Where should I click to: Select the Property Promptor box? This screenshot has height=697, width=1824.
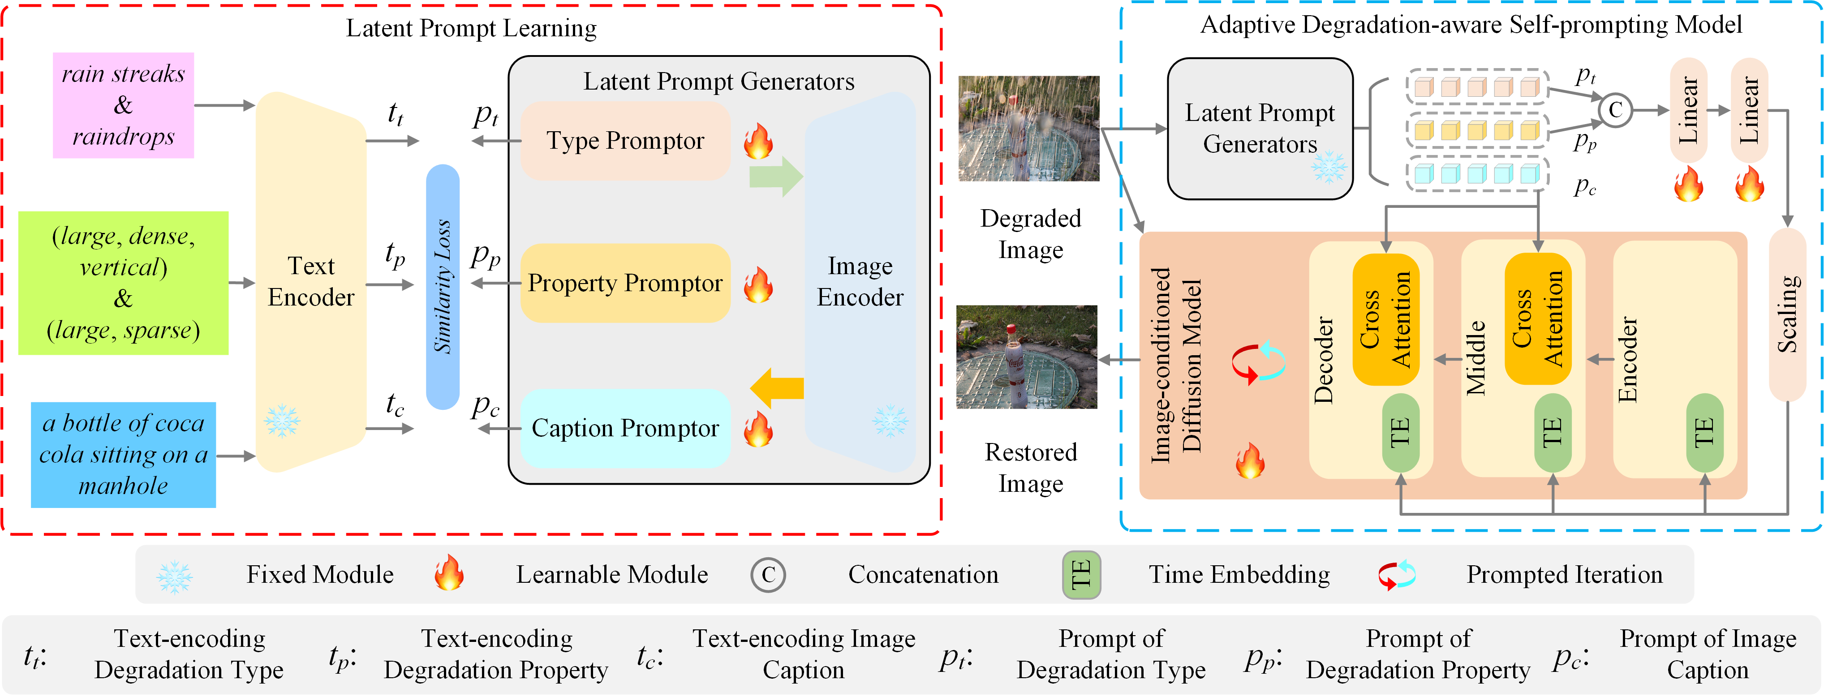click(x=625, y=284)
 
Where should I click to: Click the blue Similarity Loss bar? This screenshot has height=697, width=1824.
click(x=443, y=287)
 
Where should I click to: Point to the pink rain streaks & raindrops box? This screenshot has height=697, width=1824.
click(x=123, y=105)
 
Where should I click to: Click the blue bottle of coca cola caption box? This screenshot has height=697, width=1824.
click(x=123, y=455)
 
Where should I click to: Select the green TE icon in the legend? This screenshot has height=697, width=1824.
click(x=1081, y=574)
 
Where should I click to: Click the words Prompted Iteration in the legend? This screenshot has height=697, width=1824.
click(x=1564, y=574)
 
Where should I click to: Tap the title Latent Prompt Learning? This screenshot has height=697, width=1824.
click(x=471, y=28)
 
